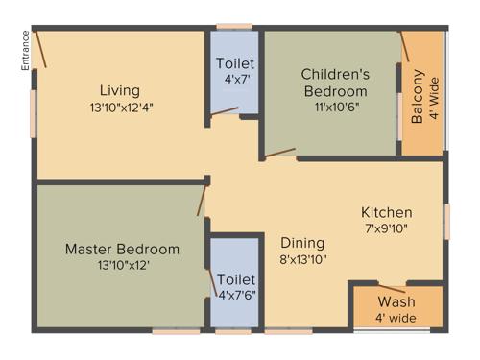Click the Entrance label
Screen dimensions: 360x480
[x=25, y=50]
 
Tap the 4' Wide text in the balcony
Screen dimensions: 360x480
[x=434, y=97]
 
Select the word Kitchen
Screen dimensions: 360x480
[x=387, y=212]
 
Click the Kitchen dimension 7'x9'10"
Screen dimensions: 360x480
[x=387, y=229]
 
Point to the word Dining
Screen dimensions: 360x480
[x=302, y=243]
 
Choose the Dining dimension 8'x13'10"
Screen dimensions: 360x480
[x=302, y=259]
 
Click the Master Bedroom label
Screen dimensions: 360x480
[x=122, y=249]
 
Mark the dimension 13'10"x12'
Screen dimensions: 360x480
[x=122, y=265]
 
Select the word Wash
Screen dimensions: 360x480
[x=396, y=303]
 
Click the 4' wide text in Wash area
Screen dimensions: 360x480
[x=396, y=319]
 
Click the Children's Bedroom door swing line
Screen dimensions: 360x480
[x=280, y=152]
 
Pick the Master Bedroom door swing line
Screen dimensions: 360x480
[x=202, y=201]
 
